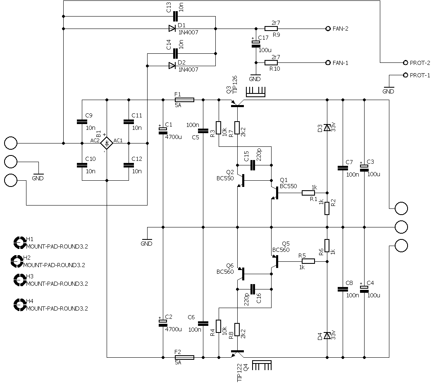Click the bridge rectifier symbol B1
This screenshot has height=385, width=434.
click(107, 143)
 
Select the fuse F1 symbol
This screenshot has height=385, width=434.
click(184, 100)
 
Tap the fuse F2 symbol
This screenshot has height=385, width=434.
click(184, 357)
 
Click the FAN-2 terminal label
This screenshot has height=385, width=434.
click(340, 29)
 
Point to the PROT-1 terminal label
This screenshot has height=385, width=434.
click(420, 75)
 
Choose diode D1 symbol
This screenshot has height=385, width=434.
click(172, 29)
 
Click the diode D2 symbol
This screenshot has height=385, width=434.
click(172, 66)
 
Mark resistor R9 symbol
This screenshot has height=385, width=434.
click(271, 29)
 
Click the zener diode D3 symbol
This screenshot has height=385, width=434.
click(327, 128)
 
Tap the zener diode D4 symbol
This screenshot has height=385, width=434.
click(327, 336)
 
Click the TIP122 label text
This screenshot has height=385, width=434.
click(240, 373)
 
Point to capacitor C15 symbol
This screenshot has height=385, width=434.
click(253, 165)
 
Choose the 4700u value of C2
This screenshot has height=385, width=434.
click(174, 329)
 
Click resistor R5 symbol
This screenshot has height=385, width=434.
click(308, 261)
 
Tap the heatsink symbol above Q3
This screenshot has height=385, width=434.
click(255, 92)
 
